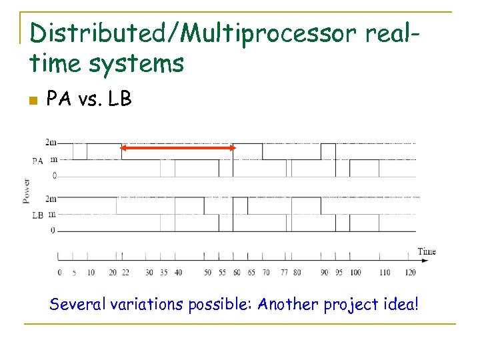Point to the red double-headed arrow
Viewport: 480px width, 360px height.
[177, 148]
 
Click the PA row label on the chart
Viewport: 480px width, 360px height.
[38, 160]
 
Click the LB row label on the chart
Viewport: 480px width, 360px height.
[38, 215]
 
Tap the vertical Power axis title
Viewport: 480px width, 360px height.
[26, 190]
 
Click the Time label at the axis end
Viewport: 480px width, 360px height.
[427, 251]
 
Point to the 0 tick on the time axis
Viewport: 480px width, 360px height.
[59, 273]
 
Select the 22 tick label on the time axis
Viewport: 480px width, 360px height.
[125, 273]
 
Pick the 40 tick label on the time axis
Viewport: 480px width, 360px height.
[178, 273]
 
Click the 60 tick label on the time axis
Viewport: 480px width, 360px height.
[237, 273]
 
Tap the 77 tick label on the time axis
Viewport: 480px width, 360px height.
[284, 273]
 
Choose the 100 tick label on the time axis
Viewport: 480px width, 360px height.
[355, 273]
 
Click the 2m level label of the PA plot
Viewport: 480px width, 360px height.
[51, 143]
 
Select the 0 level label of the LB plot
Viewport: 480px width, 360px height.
[54, 231]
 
